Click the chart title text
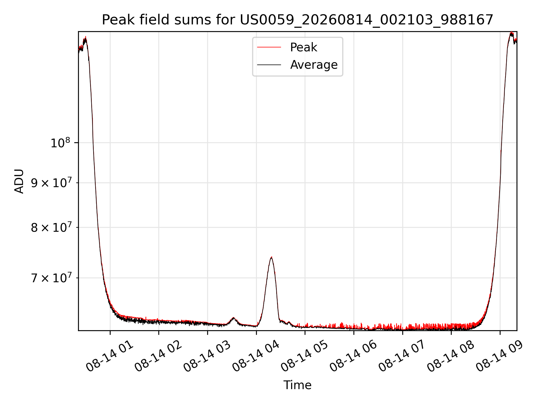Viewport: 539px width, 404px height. point(297,20)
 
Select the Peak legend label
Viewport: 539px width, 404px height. point(303,47)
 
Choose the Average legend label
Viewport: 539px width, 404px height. point(314,65)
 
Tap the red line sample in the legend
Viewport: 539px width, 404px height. point(269,47)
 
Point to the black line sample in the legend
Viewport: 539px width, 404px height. point(269,65)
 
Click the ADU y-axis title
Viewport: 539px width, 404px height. point(19,181)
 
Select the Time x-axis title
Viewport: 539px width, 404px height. point(297,385)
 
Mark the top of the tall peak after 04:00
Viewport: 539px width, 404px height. point(271,257)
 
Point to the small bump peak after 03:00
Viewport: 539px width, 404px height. point(233,318)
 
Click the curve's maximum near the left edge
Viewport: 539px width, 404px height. point(86,37)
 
